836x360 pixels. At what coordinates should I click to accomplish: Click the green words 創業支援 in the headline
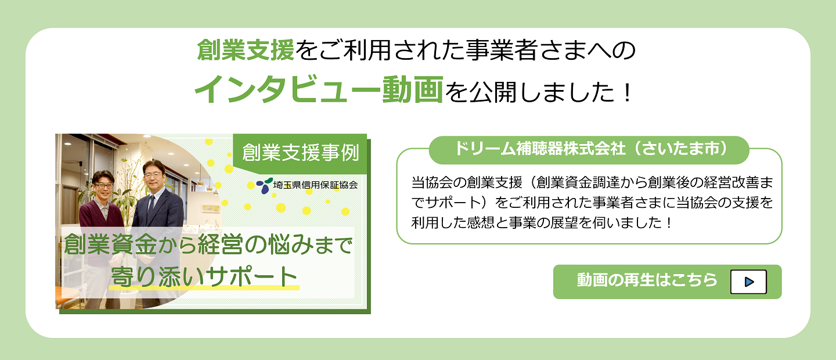point(246,50)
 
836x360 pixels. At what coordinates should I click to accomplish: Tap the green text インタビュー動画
point(319,89)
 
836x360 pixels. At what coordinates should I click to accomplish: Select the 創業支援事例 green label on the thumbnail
point(300,153)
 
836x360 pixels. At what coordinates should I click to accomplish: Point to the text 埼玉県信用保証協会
point(315,185)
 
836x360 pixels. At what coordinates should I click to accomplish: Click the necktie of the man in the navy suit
point(151,208)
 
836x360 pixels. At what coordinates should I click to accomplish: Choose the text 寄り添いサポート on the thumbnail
point(204,277)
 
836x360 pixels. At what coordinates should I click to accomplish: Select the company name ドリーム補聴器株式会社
point(540,149)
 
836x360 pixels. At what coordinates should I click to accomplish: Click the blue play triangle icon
point(749,282)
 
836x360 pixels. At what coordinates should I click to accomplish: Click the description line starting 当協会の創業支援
point(592,183)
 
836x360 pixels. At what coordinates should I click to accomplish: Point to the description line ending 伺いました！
point(542,223)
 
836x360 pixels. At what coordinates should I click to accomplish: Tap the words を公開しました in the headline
point(529,92)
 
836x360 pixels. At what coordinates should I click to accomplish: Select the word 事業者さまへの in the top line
point(550,51)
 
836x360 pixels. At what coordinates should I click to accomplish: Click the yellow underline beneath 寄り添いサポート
point(204,287)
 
